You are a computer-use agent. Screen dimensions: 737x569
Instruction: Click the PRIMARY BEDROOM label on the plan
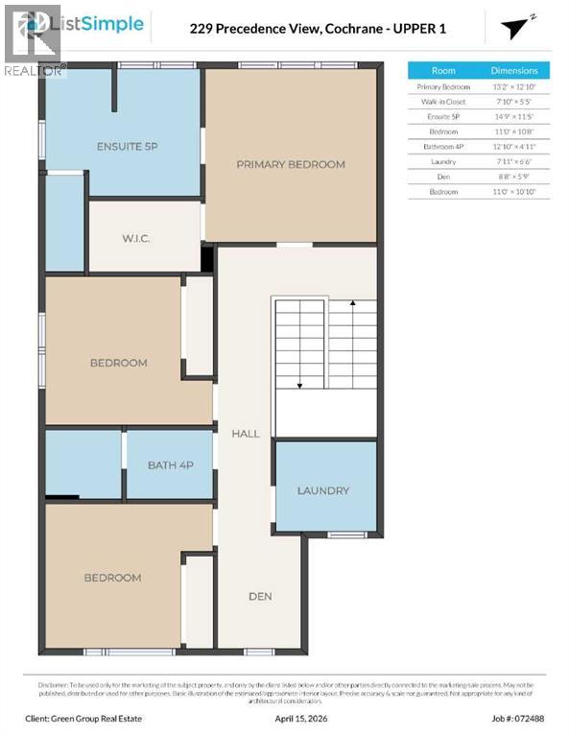(x=290, y=164)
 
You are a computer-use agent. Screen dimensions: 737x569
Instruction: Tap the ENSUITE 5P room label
(x=127, y=147)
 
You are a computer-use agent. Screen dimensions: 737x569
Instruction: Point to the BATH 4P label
(x=171, y=465)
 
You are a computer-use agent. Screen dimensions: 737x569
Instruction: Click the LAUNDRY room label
(x=322, y=490)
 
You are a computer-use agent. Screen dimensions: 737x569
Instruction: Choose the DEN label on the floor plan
(x=260, y=596)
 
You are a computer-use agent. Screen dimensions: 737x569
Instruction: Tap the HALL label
(x=246, y=434)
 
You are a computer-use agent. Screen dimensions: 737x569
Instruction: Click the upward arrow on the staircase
(x=352, y=305)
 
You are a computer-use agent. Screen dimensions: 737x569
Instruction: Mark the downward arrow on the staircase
(x=299, y=384)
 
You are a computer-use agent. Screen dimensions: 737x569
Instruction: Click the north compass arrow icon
(x=518, y=27)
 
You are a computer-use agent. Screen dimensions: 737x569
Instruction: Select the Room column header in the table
(x=443, y=71)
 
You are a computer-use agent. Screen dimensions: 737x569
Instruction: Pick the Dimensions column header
(x=514, y=71)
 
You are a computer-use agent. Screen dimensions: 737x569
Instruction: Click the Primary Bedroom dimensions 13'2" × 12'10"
(x=514, y=86)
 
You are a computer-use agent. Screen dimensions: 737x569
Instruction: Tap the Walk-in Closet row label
(x=443, y=102)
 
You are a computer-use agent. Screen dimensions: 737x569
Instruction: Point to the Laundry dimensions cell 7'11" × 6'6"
(x=514, y=161)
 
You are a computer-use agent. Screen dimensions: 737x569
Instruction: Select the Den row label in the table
(x=443, y=177)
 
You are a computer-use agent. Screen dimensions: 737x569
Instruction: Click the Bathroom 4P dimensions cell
(x=514, y=147)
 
